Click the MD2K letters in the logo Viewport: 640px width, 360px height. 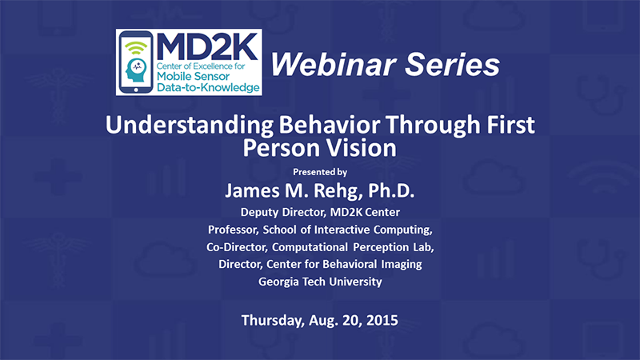(207, 46)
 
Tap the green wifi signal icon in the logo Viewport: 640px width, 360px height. (135, 48)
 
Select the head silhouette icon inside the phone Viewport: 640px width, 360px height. (136, 70)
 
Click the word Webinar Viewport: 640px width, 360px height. (333, 65)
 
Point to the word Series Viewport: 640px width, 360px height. (453, 65)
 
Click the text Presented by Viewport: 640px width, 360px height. (320, 172)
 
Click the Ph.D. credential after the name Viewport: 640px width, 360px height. (391, 190)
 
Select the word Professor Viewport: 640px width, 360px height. (233, 230)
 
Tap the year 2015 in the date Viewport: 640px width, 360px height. (382, 320)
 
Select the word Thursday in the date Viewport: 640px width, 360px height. (273, 321)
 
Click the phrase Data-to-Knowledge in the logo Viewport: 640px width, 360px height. (208, 87)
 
